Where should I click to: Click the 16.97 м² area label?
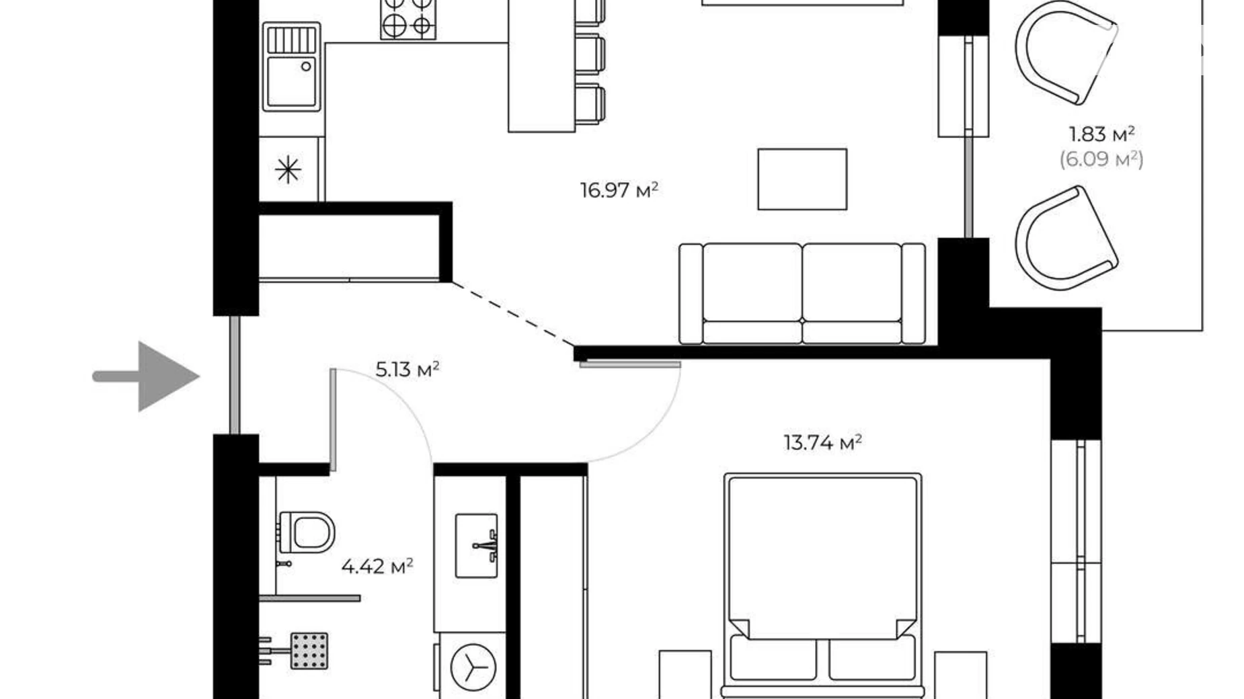coord(619,190)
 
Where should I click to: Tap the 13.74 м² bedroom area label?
coord(822,442)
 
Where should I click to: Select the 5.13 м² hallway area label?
coord(407,369)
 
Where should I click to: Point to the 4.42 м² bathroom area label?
coord(377,567)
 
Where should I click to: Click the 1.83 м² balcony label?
coord(1101,134)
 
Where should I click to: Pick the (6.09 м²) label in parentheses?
coord(1101,159)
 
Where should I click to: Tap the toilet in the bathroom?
coord(307,532)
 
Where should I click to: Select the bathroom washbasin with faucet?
coord(476,546)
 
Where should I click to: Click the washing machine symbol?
coord(473,667)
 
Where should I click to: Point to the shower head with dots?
coord(309,651)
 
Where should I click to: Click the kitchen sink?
coord(291,67)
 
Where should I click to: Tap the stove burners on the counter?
coord(408,18)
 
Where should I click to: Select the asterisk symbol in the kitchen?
coord(288,169)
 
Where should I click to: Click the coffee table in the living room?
coord(802,179)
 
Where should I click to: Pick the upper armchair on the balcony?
coord(1064,52)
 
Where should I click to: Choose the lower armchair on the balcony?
coord(1064,239)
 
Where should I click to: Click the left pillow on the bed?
coord(773,657)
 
